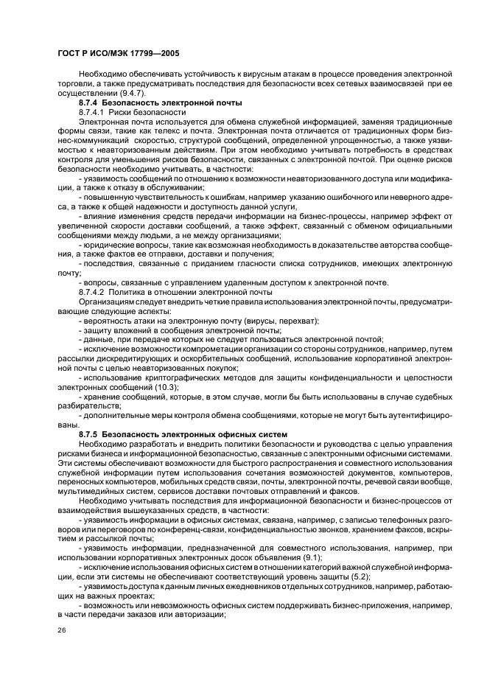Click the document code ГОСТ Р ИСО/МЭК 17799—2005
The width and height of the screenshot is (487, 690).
(119, 55)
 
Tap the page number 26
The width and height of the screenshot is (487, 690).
(62, 632)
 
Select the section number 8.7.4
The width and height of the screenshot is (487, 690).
(90, 102)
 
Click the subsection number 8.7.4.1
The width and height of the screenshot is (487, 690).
(93, 111)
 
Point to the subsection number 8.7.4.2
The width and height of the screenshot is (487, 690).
(93, 293)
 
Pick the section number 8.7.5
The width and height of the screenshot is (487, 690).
(90, 434)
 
